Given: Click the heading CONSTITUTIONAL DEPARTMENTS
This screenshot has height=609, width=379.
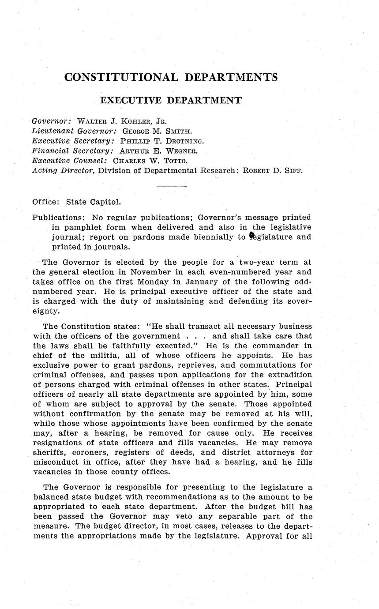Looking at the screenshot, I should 171,77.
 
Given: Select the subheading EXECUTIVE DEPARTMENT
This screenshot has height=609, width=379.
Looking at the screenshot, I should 171,101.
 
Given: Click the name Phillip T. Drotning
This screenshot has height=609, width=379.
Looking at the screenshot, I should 162,141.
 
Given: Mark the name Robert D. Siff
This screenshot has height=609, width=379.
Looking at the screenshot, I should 270,171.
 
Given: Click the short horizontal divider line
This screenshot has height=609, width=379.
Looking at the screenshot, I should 172,187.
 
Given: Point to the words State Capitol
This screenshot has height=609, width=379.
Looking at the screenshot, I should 93,202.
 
